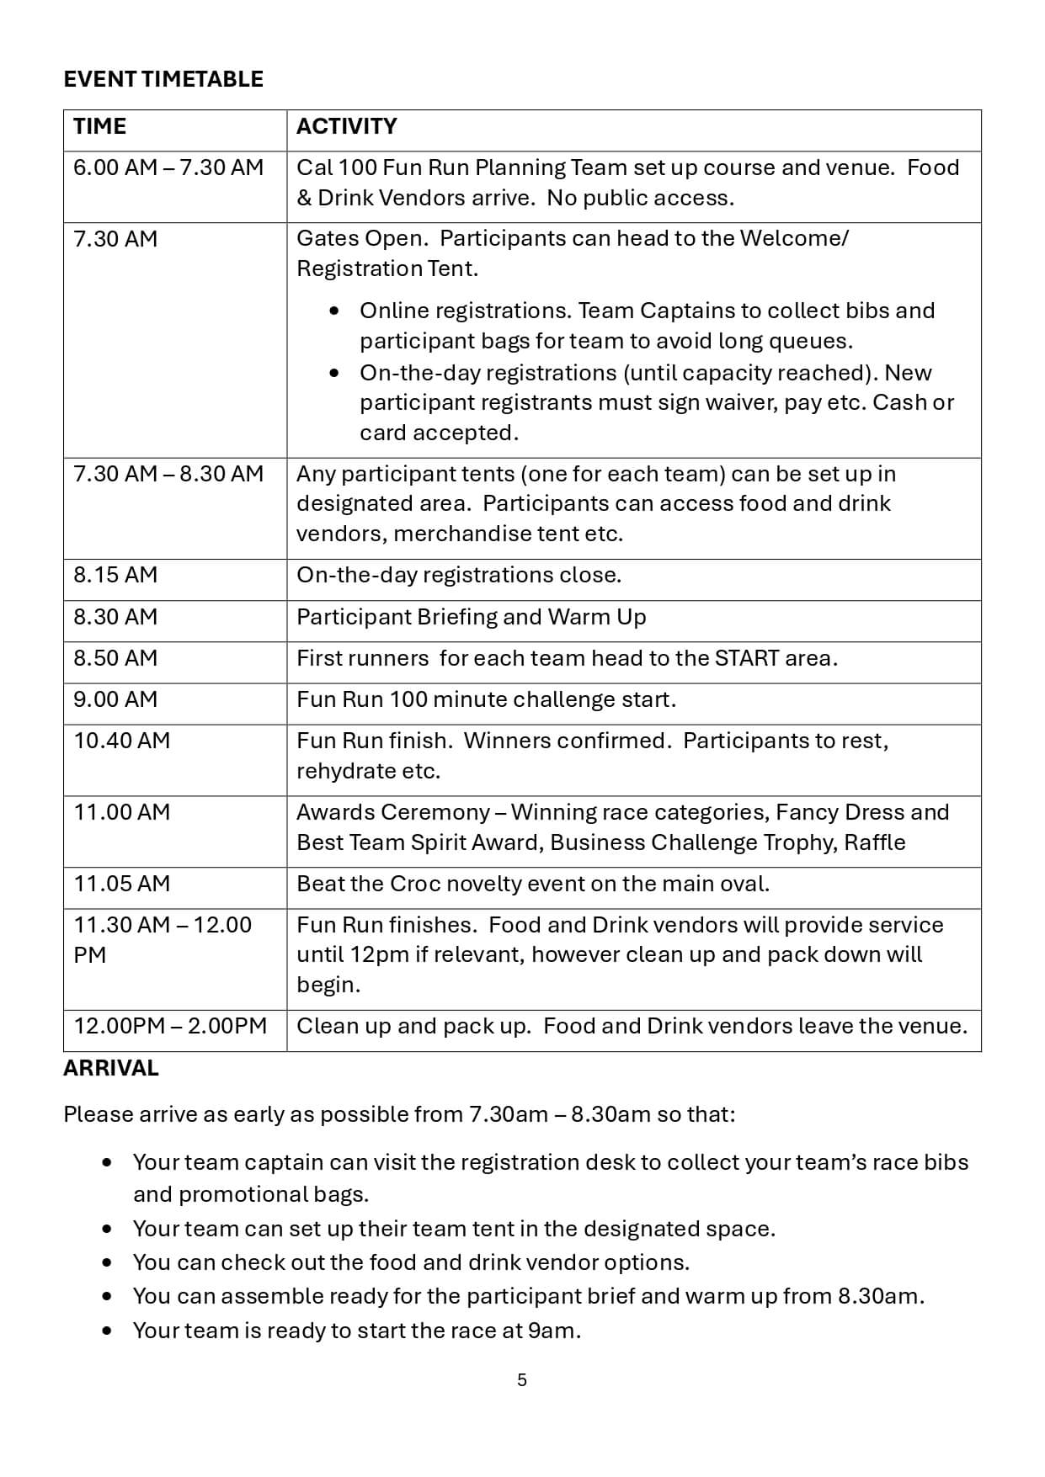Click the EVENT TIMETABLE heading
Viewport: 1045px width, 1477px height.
pos(163,79)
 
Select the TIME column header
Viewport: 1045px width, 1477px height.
pos(99,126)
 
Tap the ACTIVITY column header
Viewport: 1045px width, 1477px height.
pos(346,126)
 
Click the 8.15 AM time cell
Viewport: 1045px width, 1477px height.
pos(115,575)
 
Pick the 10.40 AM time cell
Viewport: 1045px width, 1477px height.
pos(121,741)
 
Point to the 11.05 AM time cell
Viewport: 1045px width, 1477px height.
pos(121,884)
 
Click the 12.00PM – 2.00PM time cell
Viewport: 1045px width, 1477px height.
pos(170,1026)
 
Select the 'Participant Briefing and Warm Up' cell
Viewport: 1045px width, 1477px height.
pos(471,617)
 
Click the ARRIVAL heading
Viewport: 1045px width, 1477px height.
pos(111,1068)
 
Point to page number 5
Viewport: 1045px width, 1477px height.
pos(522,1380)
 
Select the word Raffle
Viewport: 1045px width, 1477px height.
pos(875,842)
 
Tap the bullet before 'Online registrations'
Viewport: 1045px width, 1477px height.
pos(335,311)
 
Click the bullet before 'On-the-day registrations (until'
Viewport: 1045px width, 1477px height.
pos(335,373)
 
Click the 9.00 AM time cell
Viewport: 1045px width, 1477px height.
pos(115,699)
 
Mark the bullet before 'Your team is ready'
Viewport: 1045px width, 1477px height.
pos(107,1331)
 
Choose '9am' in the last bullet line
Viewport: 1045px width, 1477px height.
pos(552,1331)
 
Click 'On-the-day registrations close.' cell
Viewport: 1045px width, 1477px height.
pos(459,575)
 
